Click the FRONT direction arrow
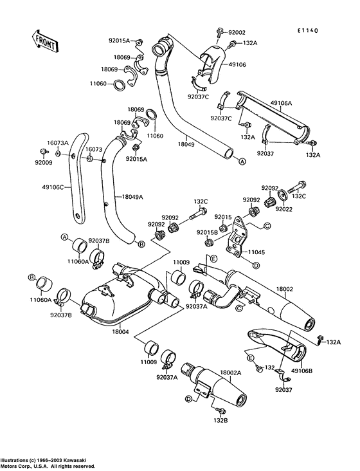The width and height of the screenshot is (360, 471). (45, 41)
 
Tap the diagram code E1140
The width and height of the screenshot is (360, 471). (307, 30)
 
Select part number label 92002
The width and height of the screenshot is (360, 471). (237, 32)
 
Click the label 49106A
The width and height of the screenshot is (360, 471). (281, 103)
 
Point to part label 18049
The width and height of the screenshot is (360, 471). (186, 145)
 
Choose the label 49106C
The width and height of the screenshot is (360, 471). (53, 188)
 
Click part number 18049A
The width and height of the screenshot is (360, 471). (132, 197)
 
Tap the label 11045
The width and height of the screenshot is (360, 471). (256, 252)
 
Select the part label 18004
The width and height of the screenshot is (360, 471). (120, 332)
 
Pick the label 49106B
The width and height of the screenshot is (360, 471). (301, 371)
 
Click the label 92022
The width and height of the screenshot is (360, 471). (283, 208)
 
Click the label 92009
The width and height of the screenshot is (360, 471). (44, 163)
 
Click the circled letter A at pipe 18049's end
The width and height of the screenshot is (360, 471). (242, 162)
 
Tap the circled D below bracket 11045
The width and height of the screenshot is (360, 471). (256, 265)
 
